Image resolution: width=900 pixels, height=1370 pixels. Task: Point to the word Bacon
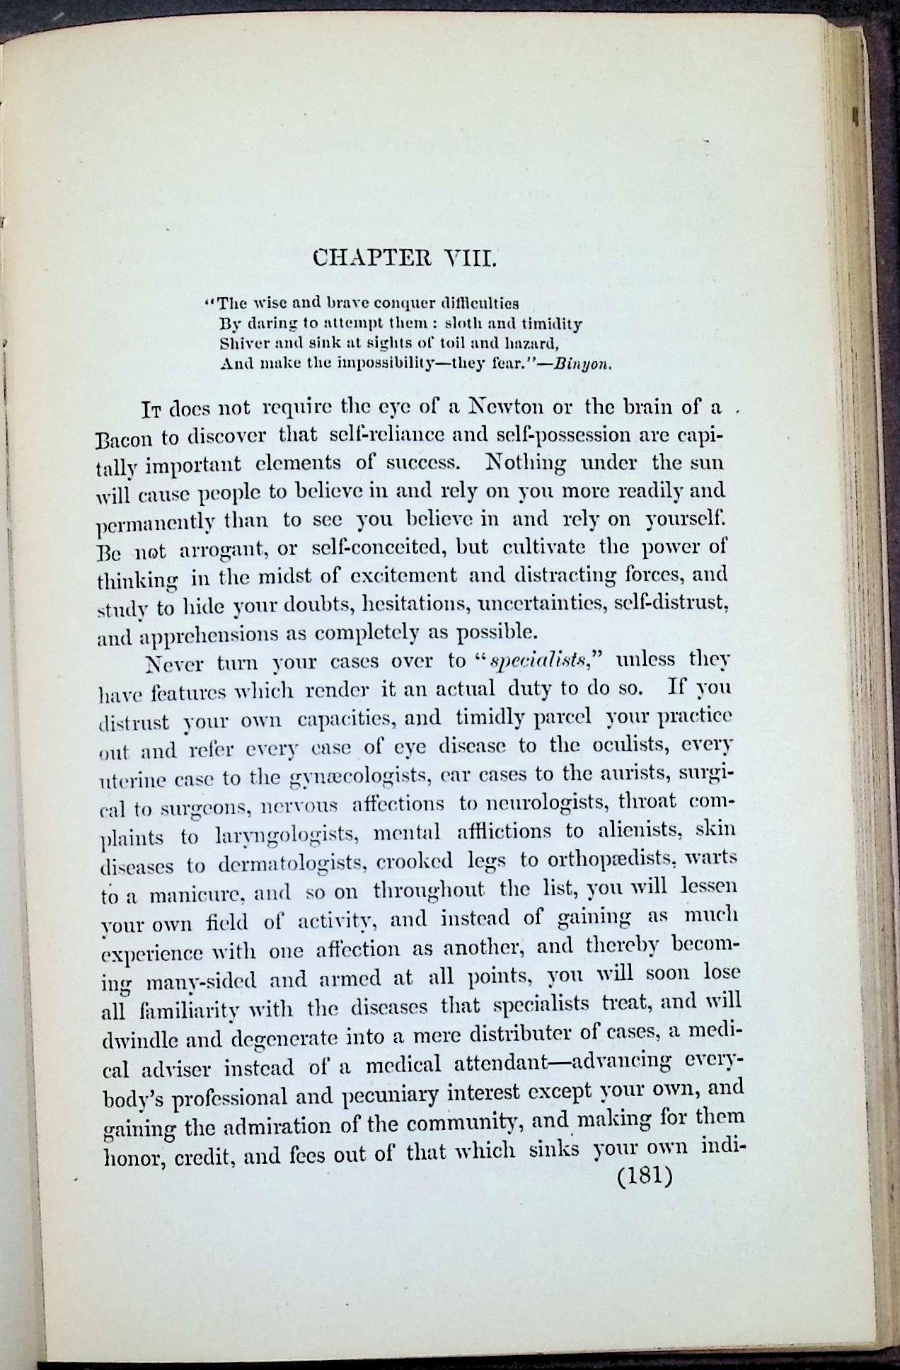(124, 437)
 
